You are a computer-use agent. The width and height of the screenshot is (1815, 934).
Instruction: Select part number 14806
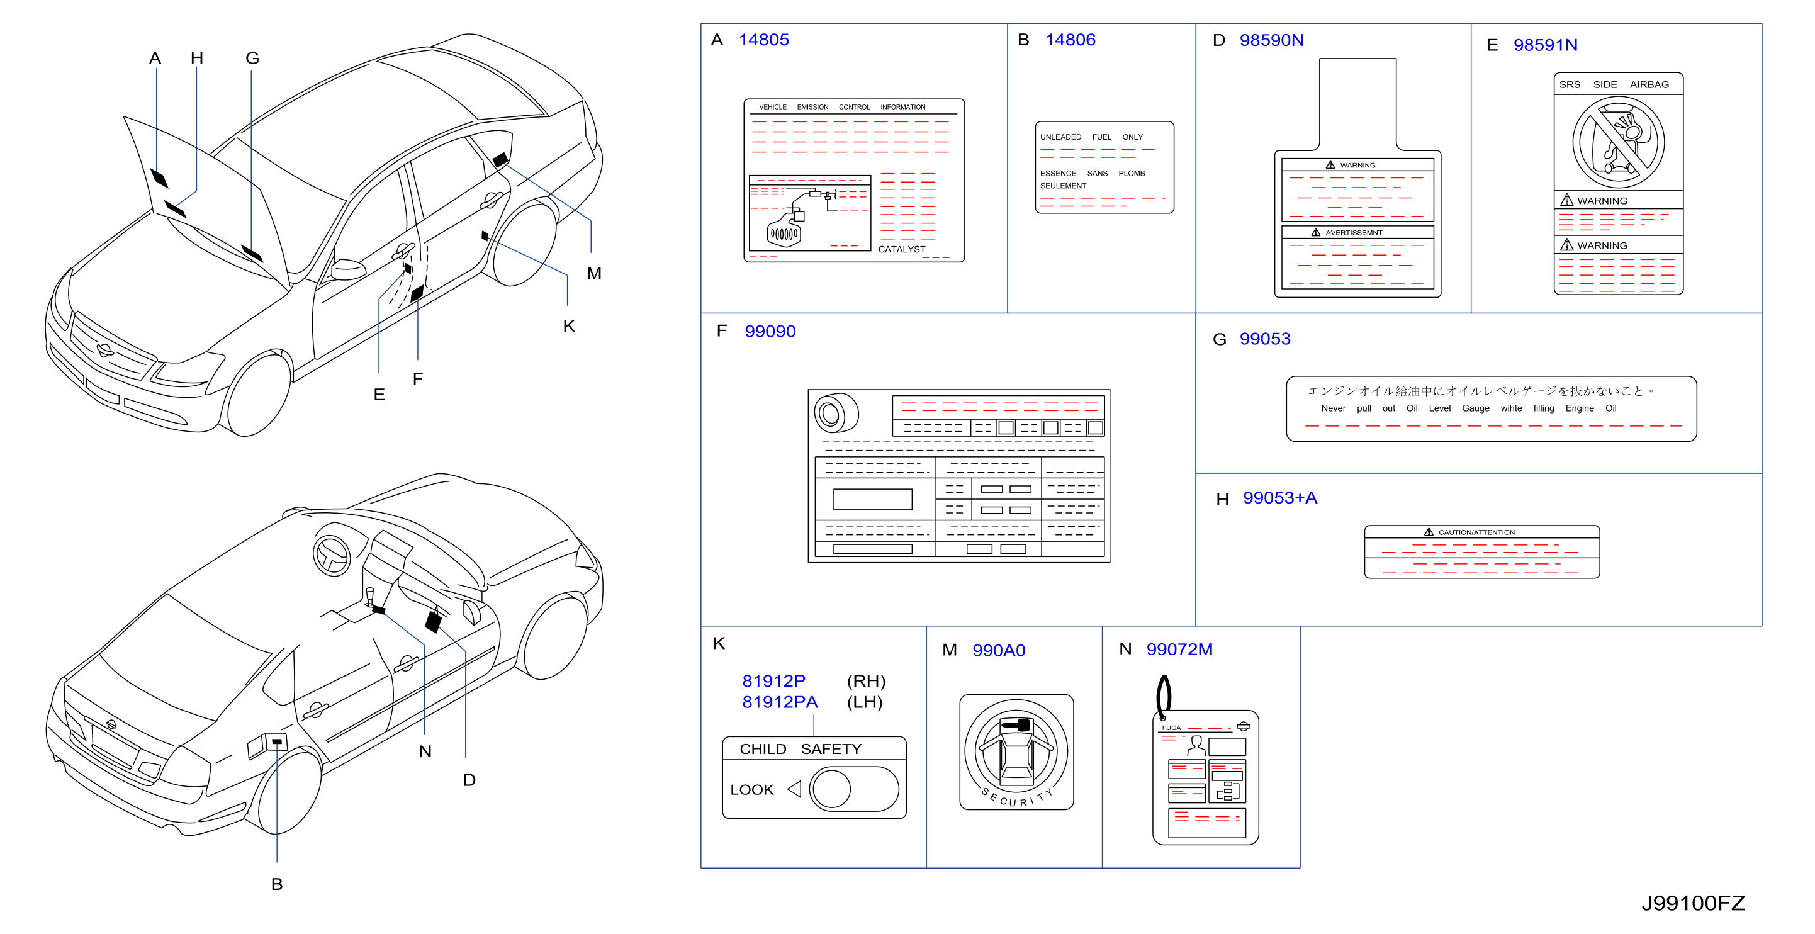pos(1070,40)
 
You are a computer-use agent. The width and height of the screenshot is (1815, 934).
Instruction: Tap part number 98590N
pos(1271,40)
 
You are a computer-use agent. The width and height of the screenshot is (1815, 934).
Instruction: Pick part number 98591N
pos(1545,45)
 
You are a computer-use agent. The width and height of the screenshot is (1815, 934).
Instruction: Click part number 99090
pos(770,331)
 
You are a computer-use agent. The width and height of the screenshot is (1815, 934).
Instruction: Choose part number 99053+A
pos(1279,498)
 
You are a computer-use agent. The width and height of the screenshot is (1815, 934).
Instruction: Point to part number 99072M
pos(1179,650)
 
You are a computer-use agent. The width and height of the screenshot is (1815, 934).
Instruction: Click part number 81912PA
pos(779,702)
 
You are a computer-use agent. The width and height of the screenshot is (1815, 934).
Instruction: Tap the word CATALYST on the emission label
pos(901,249)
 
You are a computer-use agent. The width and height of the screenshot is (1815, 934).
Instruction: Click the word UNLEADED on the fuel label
pos(1060,137)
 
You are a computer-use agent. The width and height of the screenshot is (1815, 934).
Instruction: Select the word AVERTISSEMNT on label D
pos(1354,232)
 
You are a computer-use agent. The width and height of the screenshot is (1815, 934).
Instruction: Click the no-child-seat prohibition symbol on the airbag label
pos(1619,142)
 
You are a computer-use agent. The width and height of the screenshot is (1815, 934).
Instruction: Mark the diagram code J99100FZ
pos(1693,903)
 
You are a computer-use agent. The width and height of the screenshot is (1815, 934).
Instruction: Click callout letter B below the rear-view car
pos(277,884)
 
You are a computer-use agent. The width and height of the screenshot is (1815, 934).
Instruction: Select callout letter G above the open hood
pos(252,59)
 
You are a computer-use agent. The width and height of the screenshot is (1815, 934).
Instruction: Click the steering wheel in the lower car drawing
pos(332,555)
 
